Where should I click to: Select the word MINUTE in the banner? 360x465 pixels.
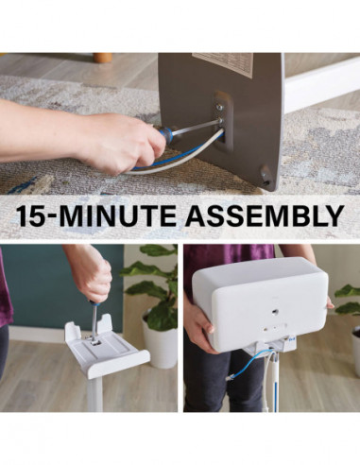[125, 214]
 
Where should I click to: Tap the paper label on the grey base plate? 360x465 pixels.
[223, 64]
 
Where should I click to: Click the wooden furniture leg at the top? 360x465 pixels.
[103, 58]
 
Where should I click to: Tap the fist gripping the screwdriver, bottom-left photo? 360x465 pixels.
[91, 275]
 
